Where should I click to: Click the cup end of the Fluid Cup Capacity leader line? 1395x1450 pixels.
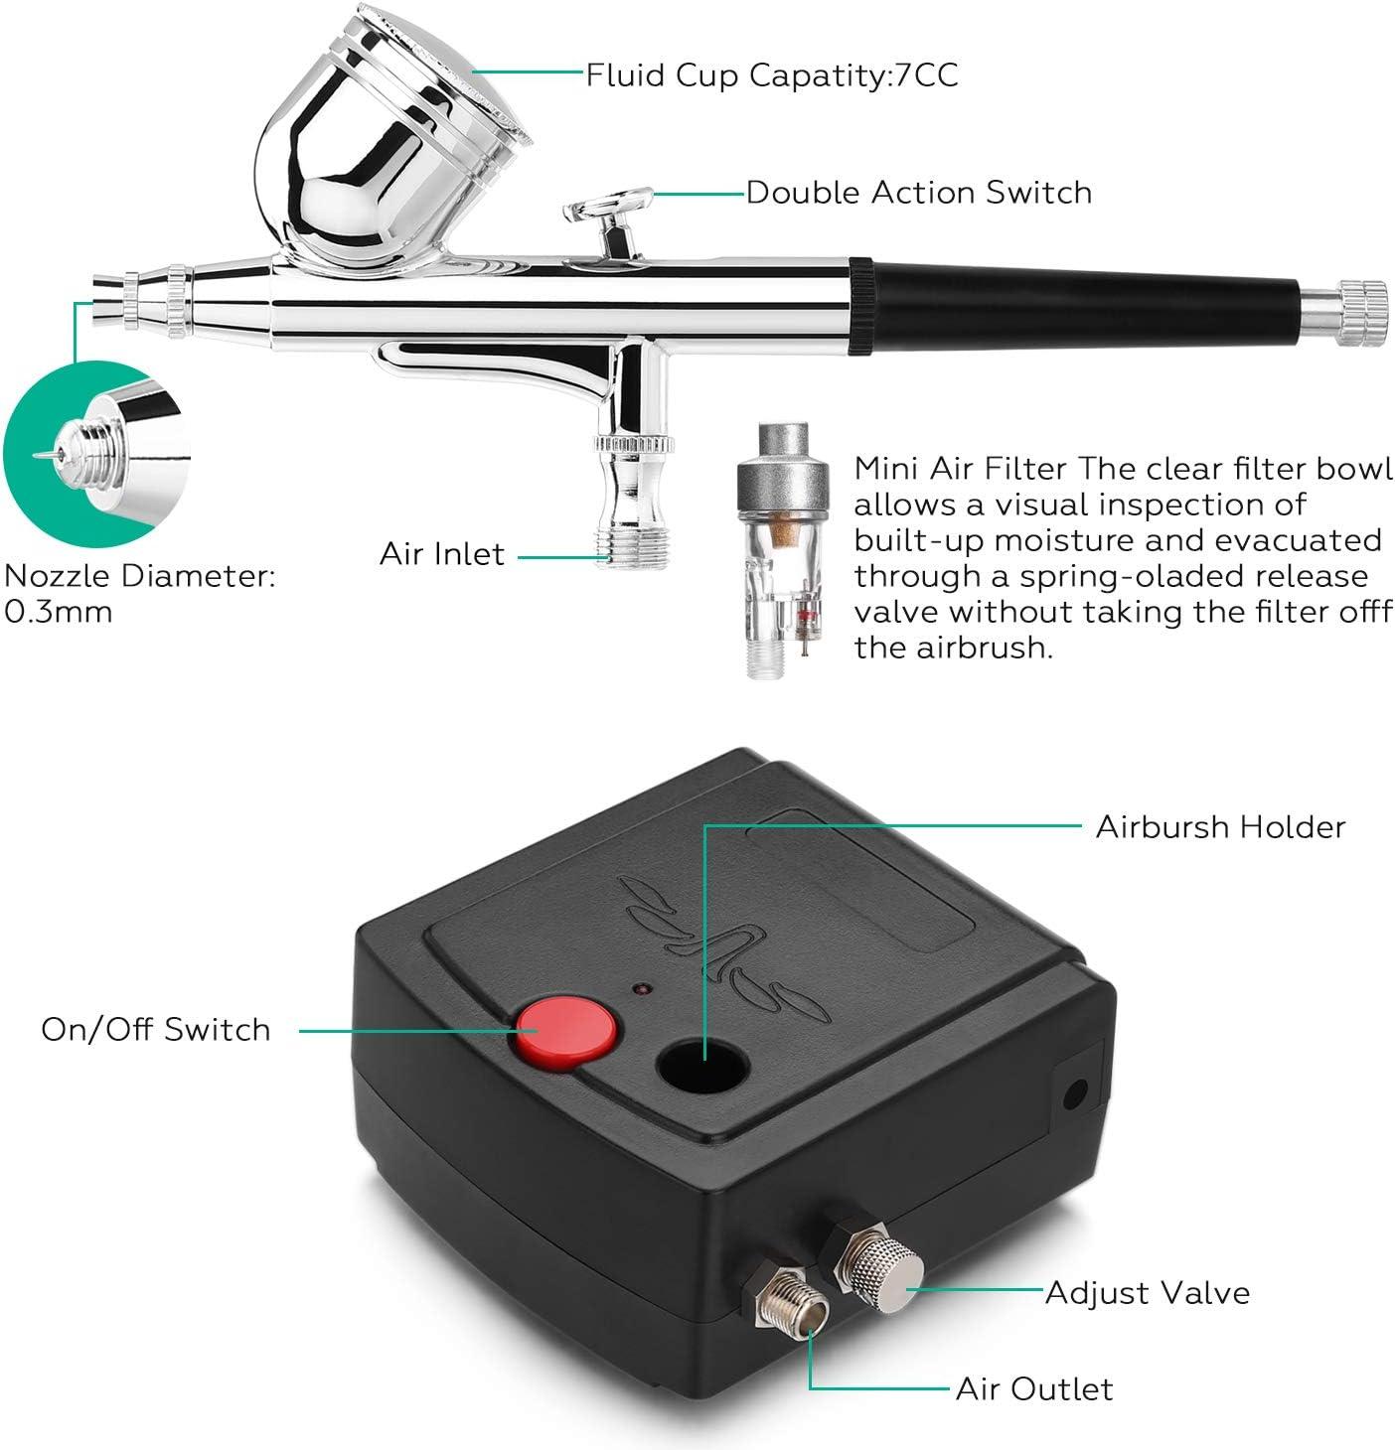pyautogui.click(x=473, y=72)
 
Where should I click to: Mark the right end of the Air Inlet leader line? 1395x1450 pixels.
pyautogui.click(x=610, y=556)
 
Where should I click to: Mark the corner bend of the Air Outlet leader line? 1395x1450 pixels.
pyautogui.click(x=811, y=1388)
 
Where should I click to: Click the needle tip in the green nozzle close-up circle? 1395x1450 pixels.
pyautogui.click(x=35, y=456)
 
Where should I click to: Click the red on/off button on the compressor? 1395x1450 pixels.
pyautogui.click(x=566, y=1032)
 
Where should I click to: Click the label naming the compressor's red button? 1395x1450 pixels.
pyautogui.click(x=156, y=1030)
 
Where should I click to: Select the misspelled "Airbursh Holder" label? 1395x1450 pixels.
pyautogui.click(x=1220, y=827)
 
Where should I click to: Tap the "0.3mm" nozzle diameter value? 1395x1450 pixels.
pyautogui.click(x=59, y=612)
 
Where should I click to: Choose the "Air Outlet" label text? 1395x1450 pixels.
pyautogui.click(x=1034, y=1389)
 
